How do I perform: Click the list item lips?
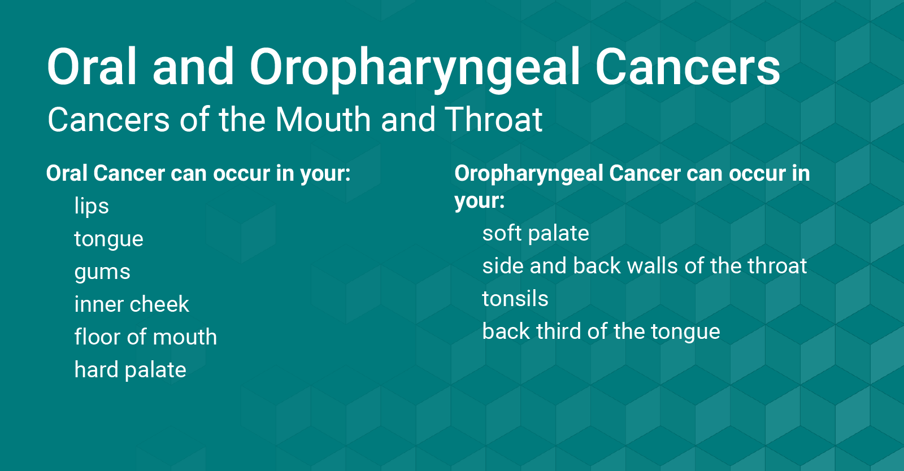coord(92,206)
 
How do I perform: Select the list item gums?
coord(102,272)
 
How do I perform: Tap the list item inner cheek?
coord(132,304)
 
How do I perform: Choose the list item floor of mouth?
coord(146,337)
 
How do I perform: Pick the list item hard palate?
coord(131,370)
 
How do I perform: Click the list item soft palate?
coord(536,233)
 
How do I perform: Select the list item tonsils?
coord(515,299)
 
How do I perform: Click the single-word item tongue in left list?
coord(109,239)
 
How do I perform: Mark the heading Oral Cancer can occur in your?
coord(198,173)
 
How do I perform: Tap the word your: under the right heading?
coord(480,200)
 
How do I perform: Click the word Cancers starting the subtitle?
coord(108,120)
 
